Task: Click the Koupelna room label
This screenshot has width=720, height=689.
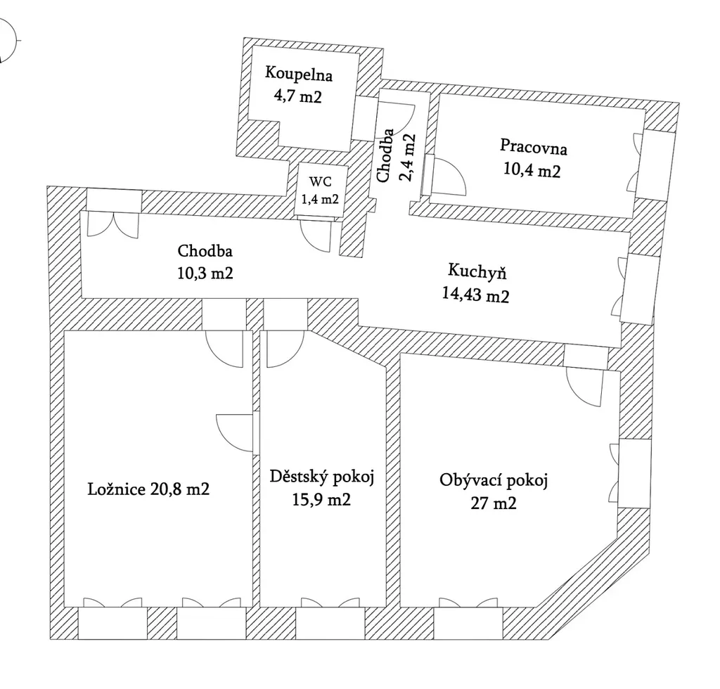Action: pos(298,74)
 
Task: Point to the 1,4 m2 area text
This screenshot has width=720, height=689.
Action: pos(320,199)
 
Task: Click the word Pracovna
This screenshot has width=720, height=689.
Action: pos(534,148)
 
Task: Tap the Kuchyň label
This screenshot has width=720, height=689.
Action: pos(475,272)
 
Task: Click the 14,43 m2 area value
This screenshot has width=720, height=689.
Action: pos(475,295)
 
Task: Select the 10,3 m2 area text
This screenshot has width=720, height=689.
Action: pos(205,273)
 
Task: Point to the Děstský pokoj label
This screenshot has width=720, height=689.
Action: pos(322,477)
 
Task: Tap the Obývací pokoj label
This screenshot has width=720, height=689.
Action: pos(493,481)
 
